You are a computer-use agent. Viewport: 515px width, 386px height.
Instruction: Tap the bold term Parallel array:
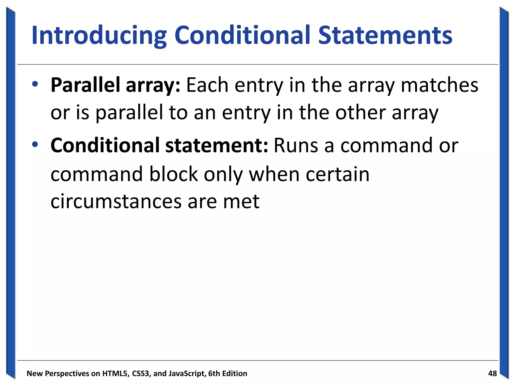115,85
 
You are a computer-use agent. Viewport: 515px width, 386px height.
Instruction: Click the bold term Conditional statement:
159,146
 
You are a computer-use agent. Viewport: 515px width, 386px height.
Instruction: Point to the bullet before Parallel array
35,84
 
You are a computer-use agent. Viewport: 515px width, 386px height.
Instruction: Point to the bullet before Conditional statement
35,144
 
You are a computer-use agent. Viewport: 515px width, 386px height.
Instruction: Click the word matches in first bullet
439,85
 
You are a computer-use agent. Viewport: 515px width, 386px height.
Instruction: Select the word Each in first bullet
207,85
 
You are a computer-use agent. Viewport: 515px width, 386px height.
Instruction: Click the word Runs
296,146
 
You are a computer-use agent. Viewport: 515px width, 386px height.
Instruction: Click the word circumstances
116,202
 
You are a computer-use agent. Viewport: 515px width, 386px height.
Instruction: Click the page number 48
492,373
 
